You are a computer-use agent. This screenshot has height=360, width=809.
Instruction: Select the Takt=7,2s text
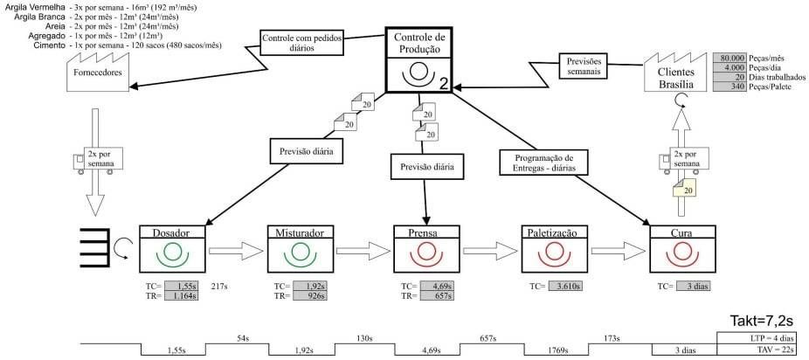pyautogui.click(x=763, y=320)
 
